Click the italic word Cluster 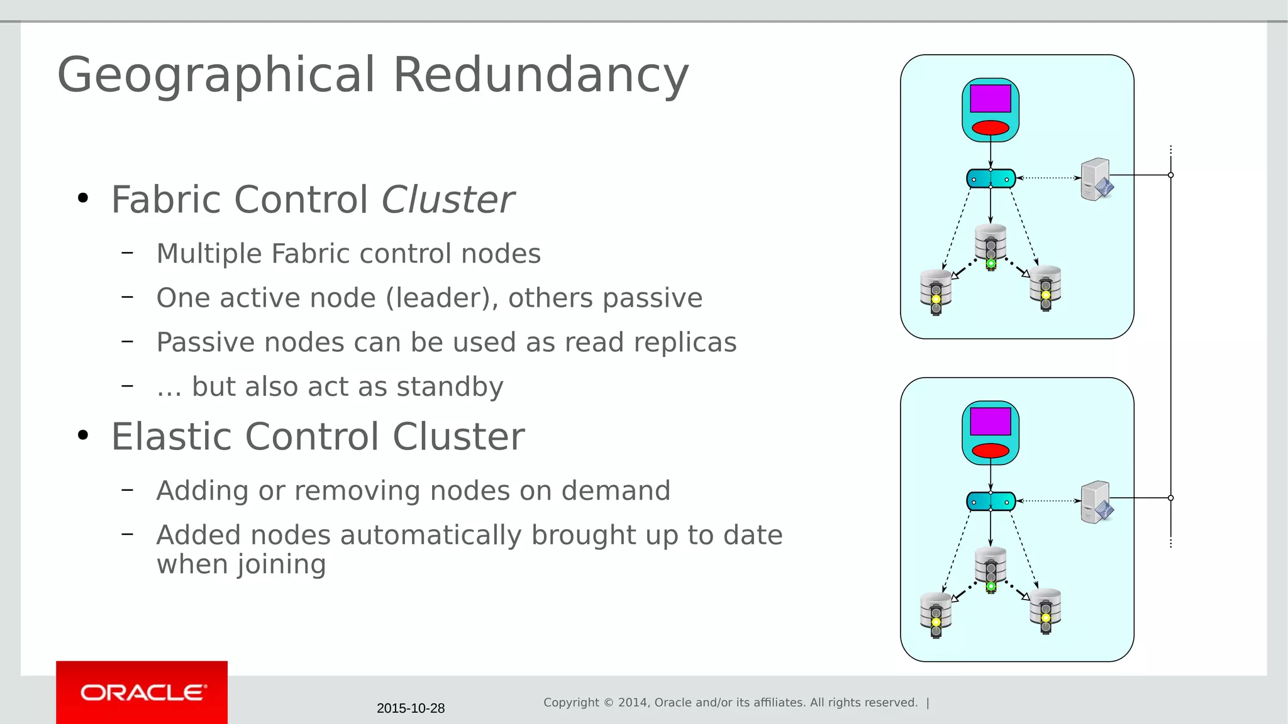448,200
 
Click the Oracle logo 142,693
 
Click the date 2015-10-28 411,708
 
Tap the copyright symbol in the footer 608,703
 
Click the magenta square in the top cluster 990,99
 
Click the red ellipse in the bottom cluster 990,451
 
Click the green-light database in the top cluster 991,245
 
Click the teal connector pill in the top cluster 991,178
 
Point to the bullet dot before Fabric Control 83,199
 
